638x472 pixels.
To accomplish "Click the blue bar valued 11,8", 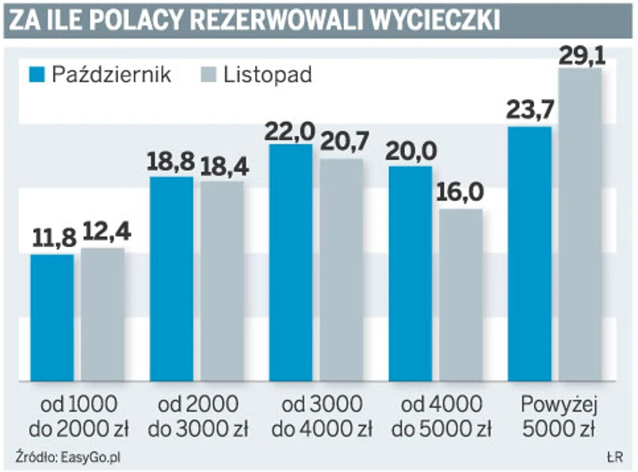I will [52, 317].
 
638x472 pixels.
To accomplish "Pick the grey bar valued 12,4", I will [102, 314].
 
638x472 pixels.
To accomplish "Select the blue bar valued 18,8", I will [171, 277].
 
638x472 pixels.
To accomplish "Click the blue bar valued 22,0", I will [291, 261].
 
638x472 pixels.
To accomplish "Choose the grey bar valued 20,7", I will [342, 268].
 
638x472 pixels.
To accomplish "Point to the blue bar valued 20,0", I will [411, 272].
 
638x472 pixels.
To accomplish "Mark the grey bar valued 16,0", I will [460, 294].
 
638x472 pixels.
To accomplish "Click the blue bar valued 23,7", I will [529, 253].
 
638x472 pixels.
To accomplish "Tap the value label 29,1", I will [580, 55].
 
